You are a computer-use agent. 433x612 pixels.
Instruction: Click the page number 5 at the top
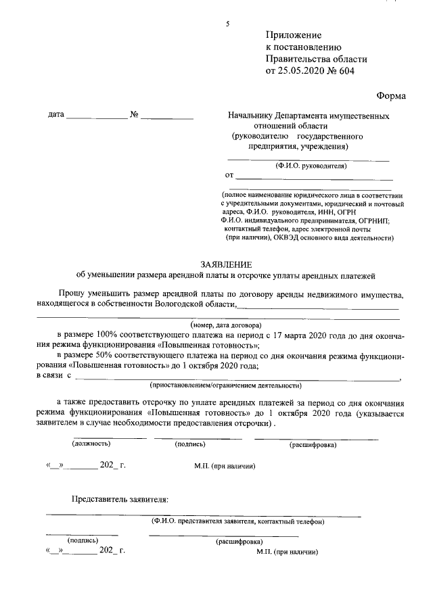(228, 24)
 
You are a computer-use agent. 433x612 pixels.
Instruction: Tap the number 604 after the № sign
(346, 70)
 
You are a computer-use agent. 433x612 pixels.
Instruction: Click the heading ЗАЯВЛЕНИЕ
(226, 264)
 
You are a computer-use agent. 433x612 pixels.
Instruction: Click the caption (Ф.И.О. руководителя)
(311, 166)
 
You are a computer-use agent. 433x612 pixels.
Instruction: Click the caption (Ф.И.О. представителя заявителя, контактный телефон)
(237, 521)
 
